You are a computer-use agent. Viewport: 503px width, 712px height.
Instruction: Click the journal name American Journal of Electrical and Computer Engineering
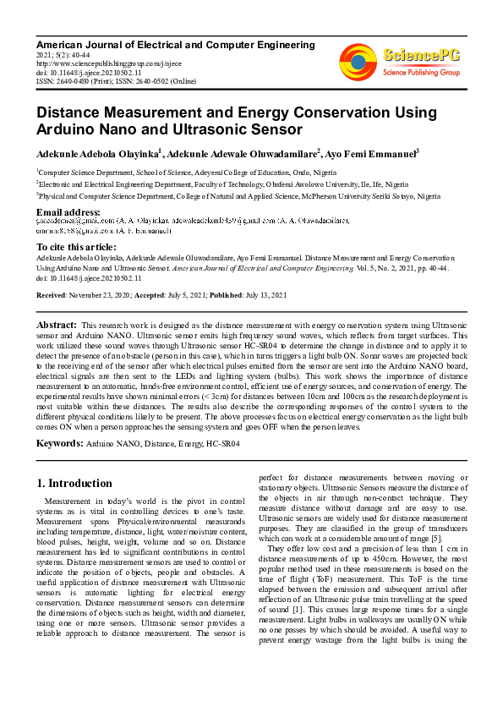pyautogui.click(x=176, y=44)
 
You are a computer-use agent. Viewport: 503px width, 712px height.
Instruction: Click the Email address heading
pyautogui.click(x=68, y=211)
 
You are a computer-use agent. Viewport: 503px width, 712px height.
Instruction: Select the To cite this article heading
pyautogui.click(x=78, y=246)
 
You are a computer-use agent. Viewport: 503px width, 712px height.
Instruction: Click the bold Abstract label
pyautogui.click(x=56, y=325)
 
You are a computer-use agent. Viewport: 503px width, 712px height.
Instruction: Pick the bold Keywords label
pyautogui.click(x=58, y=442)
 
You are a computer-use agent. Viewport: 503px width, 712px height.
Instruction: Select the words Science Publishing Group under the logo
pyautogui.click(x=419, y=73)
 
